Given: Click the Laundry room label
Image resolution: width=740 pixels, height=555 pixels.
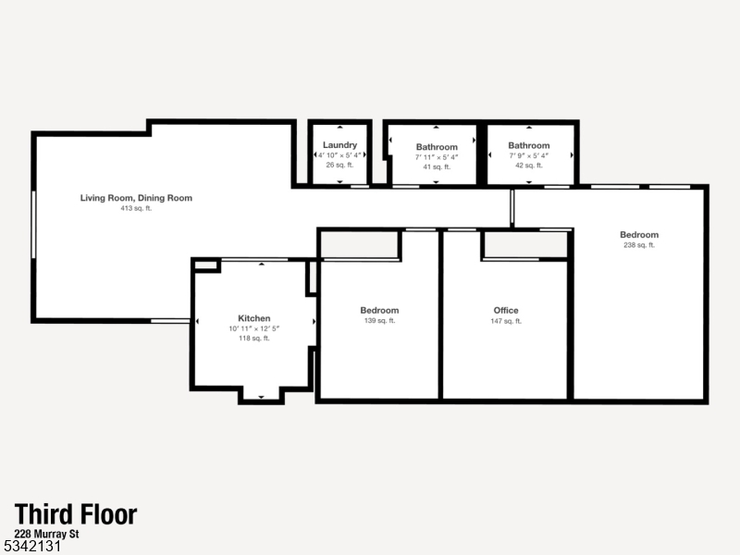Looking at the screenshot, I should (x=339, y=145).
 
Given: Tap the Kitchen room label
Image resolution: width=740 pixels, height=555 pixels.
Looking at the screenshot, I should (x=254, y=318).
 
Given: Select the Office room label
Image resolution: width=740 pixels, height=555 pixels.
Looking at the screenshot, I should (x=506, y=310).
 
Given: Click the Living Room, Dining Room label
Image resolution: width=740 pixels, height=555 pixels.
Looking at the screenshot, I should (x=136, y=198).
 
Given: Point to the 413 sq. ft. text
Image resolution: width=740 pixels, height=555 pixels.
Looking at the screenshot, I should (x=136, y=209).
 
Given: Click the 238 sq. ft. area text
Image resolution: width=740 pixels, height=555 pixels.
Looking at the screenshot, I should (x=639, y=245).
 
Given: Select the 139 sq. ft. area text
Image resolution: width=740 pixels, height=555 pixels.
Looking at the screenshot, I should (x=379, y=321).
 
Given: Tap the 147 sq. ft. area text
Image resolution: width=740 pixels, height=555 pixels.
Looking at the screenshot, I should (x=506, y=321).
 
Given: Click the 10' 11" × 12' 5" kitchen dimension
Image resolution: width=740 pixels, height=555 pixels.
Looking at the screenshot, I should (x=254, y=328).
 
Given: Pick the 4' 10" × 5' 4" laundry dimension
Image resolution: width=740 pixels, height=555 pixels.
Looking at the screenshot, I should (x=339, y=155).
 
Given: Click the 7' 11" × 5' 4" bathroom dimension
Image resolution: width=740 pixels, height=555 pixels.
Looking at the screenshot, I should (x=437, y=156).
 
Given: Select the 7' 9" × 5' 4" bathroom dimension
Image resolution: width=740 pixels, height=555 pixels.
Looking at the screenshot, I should (x=529, y=155).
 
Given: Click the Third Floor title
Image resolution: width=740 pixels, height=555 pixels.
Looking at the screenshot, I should (x=76, y=514).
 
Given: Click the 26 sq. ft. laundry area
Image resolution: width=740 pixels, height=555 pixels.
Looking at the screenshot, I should (x=339, y=166).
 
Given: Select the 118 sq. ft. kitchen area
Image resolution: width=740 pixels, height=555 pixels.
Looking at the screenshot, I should (x=254, y=339).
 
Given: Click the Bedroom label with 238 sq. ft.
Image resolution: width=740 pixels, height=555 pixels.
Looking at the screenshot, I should (x=639, y=235).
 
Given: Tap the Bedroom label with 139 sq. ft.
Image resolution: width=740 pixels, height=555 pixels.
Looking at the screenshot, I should (x=379, y=310).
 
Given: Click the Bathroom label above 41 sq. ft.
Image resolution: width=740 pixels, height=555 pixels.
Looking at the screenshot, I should (x=437, y=146).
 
